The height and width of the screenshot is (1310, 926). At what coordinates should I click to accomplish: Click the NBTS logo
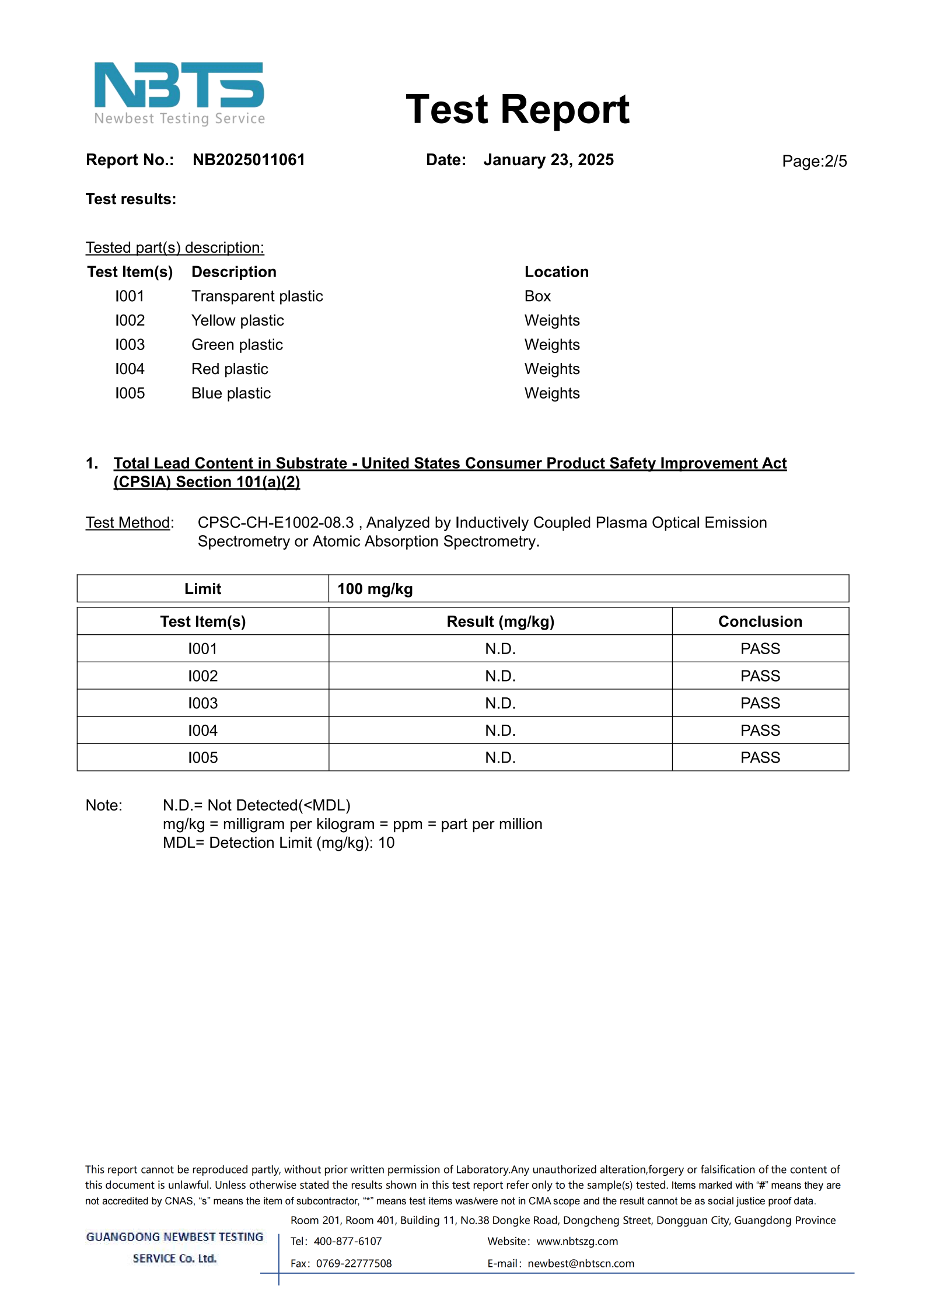(x=179, y=93)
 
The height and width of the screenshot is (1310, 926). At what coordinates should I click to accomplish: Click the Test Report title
(x=517, y=110)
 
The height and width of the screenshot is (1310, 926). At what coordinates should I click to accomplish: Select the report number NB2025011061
(x=249, y=160)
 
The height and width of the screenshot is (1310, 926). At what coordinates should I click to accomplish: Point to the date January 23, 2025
(x=548, y=160)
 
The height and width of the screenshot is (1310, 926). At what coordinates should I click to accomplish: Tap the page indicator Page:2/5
(x=814, y=161)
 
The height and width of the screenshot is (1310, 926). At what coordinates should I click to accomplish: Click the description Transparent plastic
(x=257, y=296)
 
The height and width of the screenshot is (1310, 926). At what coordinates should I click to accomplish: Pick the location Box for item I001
(x=537, y=296)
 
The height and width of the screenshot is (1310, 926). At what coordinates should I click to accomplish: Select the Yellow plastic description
(x=237, y=320)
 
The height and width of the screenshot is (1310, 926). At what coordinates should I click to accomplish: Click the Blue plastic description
(x=231, y=393)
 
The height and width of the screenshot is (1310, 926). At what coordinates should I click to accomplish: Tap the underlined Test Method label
(x=128, y=523)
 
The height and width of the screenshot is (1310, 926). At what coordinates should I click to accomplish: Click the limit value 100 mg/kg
(x=375, y=589)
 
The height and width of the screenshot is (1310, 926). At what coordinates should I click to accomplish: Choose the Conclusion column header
(x=760, y=621)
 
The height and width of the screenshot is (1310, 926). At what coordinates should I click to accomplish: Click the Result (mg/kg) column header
(x=500, y=621)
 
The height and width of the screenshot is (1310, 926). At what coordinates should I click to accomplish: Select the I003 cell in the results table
(x=202, y=703)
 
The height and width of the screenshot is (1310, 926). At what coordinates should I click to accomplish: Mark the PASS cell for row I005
(x=760, y=757)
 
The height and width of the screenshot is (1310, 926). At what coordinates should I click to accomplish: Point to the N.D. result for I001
(x=500, y=649)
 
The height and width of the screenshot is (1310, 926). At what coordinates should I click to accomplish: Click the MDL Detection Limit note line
(x=278, y=843)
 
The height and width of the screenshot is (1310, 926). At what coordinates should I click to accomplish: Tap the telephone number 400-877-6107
(x=347, y=1241)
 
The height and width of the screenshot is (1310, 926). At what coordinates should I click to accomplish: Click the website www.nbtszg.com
(x=576, y=1241)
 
